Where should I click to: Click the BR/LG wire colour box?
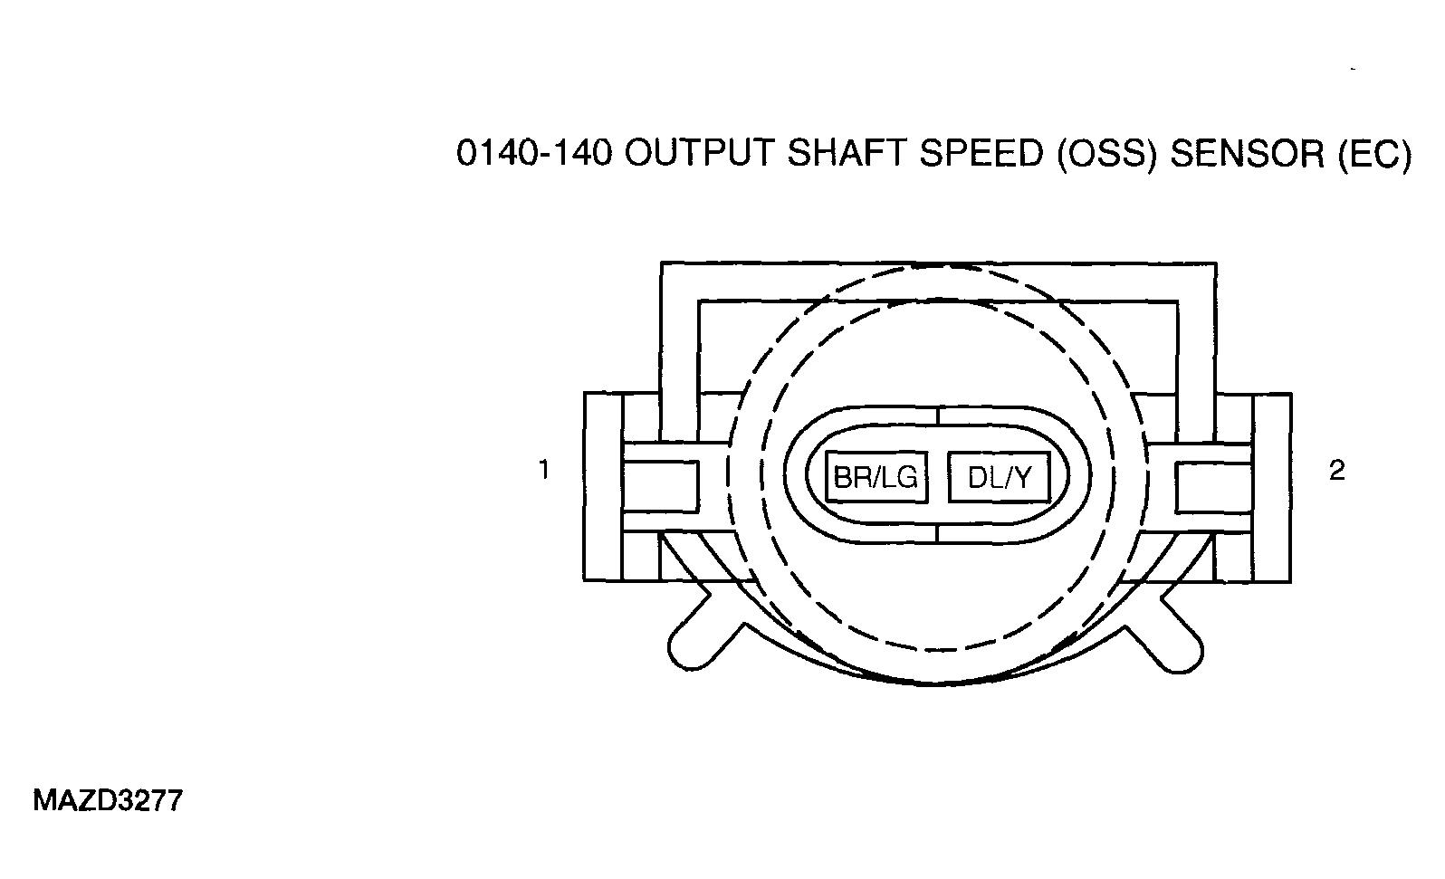pos(876,477)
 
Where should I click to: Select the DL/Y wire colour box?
pos(1000,477)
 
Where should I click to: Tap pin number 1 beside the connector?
pos(544,470)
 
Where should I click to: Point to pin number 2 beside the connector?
pos(1337,470)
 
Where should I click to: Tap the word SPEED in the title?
pos(981,154)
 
